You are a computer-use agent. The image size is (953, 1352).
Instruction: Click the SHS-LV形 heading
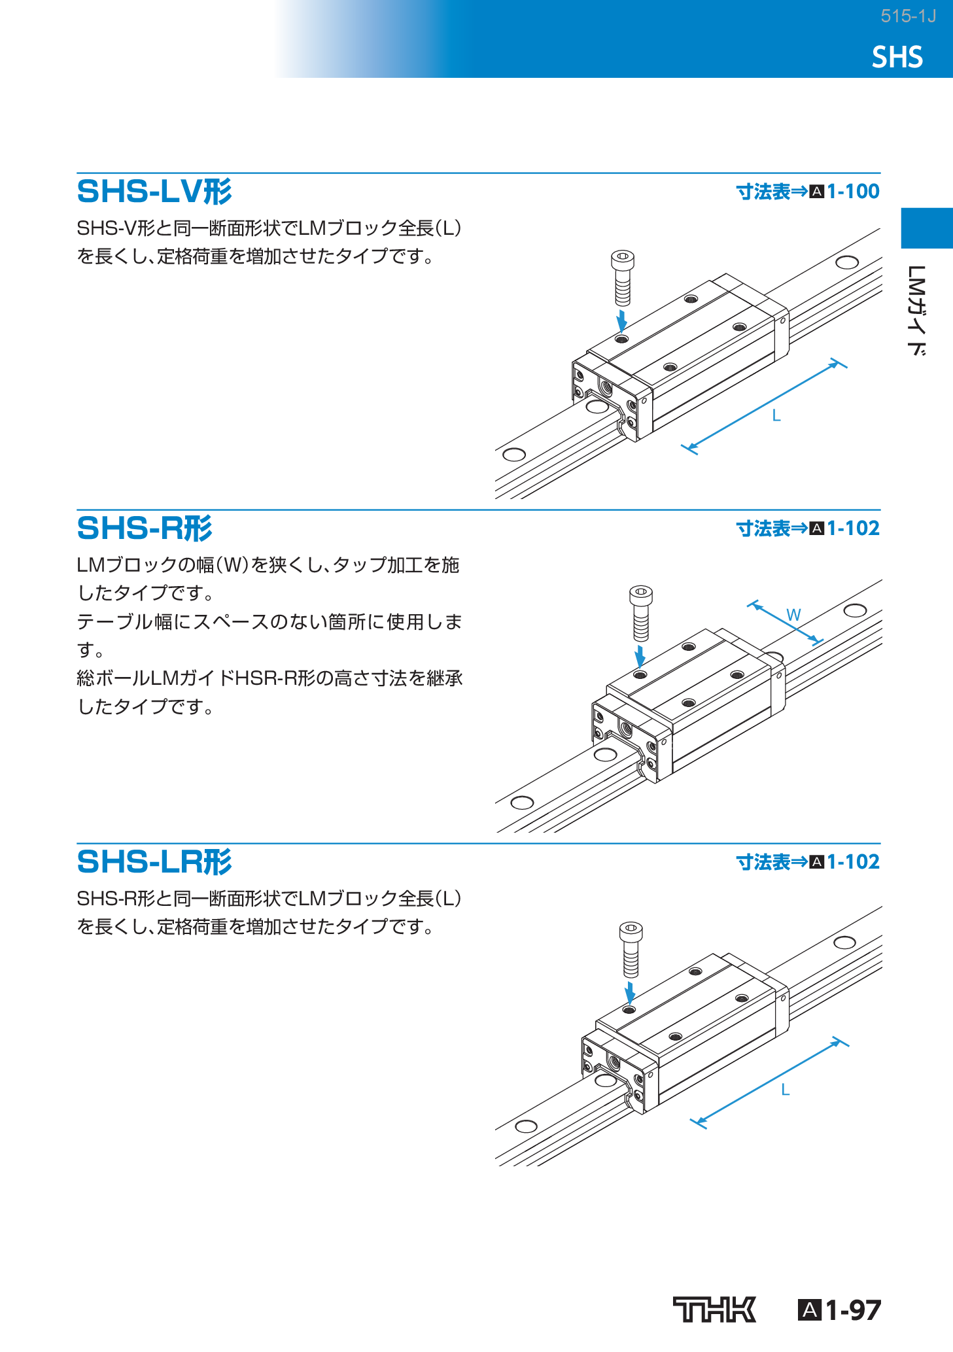coord(154,192)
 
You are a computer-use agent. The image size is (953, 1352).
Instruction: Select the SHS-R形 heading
coord(145,529)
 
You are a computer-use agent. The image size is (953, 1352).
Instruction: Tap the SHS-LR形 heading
coord(154,862)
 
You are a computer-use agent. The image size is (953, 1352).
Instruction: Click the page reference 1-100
coord(853,192)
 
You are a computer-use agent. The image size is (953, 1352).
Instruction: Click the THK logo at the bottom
coord(714,1309)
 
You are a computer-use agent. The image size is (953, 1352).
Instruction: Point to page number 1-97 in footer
coord(852,1310)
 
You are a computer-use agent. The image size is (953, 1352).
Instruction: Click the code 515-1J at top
coord(908,16)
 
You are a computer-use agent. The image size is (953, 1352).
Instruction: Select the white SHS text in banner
coord(897,58)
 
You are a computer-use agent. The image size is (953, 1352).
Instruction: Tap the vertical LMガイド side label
coord(917,310)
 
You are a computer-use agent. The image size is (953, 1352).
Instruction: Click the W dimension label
coord(793,615)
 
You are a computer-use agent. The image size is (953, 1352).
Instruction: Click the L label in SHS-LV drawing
coord(776,415)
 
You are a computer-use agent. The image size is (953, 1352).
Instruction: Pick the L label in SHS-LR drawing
coord(786,1090)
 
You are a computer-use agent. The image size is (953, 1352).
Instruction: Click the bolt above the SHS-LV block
coord(623,277)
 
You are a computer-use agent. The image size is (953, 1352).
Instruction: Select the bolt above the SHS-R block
coord(641,612)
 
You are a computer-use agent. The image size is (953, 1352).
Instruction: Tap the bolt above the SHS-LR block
coord(631,949)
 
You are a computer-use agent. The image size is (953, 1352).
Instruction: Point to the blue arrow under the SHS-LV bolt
coord(622,321)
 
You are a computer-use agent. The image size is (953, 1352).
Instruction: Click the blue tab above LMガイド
coord(926,228)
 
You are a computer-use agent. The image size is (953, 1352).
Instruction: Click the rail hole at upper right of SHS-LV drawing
coord(847,262)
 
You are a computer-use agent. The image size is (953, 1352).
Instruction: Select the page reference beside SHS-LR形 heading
coord(808,862)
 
